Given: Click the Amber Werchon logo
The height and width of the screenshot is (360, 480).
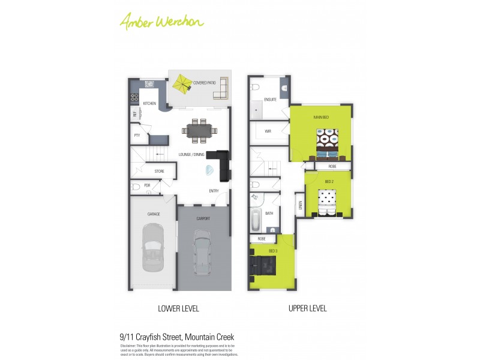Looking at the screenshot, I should [x=162, y=21].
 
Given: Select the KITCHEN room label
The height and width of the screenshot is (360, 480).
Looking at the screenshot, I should [x=149, y=103].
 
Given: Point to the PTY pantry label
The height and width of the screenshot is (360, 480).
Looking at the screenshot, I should [x=137, y=135].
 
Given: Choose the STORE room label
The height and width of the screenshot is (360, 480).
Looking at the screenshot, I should [x=159, y=172].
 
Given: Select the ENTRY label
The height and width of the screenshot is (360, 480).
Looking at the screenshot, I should [x=214, y=191].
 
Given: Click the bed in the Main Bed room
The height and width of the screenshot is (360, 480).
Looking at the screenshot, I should [x=328, y=143].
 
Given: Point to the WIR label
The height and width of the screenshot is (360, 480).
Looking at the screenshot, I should [x=268, y=130].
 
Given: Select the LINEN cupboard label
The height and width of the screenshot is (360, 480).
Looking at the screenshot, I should [x=298, y=207].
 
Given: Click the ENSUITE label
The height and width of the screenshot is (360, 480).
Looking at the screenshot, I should [x=270, y=100].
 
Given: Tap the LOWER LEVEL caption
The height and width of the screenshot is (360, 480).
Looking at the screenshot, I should [x=178, y=309].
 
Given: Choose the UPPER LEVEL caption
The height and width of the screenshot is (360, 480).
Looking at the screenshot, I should [x=307, y=309].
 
